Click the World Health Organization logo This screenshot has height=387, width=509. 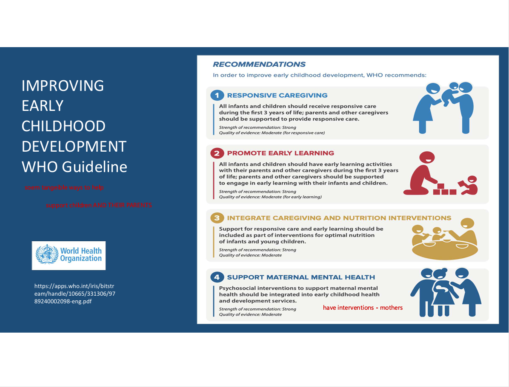coord(69,255)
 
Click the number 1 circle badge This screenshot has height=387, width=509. coord(217,95)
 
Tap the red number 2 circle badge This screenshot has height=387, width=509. coord(217,153)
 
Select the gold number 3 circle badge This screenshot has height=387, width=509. coord(217,218)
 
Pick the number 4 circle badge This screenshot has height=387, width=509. coord(217,277)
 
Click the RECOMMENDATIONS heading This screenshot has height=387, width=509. coord(259,65)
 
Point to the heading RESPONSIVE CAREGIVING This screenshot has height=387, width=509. coord(277,96)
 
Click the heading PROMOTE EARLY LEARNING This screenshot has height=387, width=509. coord(280,153)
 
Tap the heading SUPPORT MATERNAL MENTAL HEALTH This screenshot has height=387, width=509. coord(301,277)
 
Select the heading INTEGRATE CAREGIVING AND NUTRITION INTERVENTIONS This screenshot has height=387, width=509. coord(339,218)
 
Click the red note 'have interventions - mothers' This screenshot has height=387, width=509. coord(363,308)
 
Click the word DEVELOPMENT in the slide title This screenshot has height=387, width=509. coord(74,147)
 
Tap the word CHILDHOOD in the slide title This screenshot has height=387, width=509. coord(63,126)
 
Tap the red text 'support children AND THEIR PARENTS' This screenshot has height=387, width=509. coord(99,205)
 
